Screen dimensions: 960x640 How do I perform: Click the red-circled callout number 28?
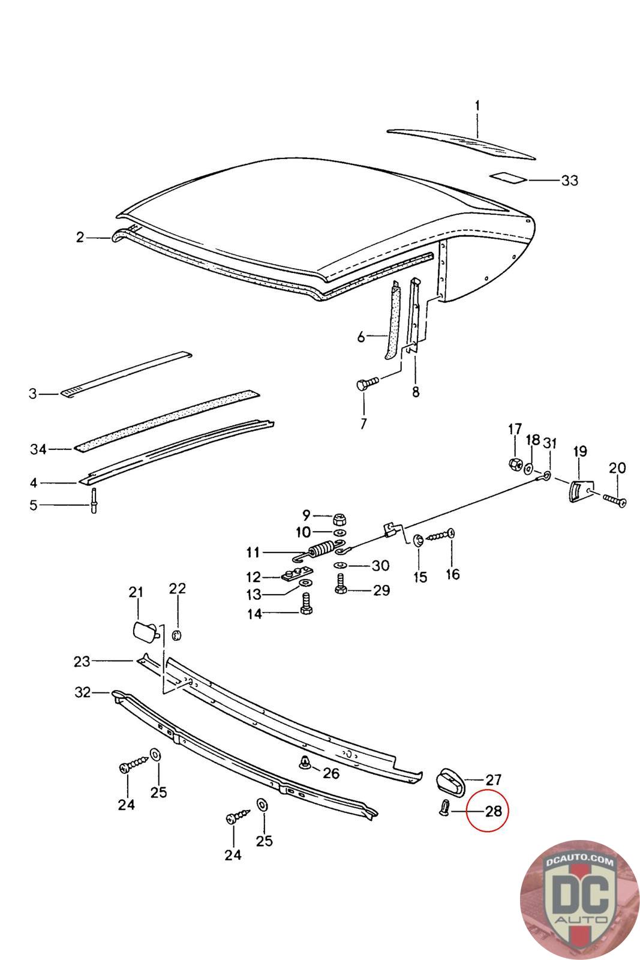pos(492,812)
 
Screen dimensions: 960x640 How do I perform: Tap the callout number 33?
pos(569,180)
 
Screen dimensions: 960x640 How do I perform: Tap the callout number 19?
pos(580,451)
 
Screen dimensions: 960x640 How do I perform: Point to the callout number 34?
pos(38,449)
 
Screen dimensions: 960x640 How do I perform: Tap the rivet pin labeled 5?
pos(95,501)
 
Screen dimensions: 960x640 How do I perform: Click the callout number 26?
pos(331,773)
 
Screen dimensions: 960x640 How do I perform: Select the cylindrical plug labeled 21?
pos(145,632)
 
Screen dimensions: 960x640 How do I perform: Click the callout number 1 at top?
pos(477,106)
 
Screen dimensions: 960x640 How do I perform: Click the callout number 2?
pos(80,238)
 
